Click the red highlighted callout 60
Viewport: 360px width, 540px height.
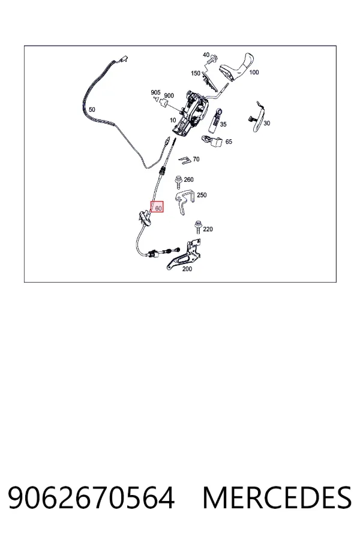pyautogui.click(x=157, y=207)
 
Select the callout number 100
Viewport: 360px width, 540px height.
pyautogui.click(x=254, y=73)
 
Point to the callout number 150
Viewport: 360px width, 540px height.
pyautogui.click(x=196, y=73)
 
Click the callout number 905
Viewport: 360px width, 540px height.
pyautogui.click(x=155, y=92)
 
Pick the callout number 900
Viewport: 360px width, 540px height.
pyautogui.click(x=169, y=96)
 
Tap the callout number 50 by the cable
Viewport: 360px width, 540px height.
pyautogui.click(x=92, y=110)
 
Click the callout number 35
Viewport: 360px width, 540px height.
pyautogui.click(x=223, y=124)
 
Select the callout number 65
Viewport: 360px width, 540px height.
pyautogui.click(x=229, y=142)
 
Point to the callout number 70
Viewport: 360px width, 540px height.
pyautogui.click(x=196, y=159)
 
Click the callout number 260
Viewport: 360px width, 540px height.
pyautogui.click(x=189, y=179)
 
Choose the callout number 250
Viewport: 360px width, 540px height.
pyautogui.click(x=202, y=195)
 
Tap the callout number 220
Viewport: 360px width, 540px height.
pyautogui.click(x=208, y=229)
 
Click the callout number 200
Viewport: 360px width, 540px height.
pyautogui.click(x=187, y=269)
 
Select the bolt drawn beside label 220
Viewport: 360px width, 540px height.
pyautogui.click(x=198, y=227)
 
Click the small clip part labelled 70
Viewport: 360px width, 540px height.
pyautogui.click(x=185, y=160)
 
